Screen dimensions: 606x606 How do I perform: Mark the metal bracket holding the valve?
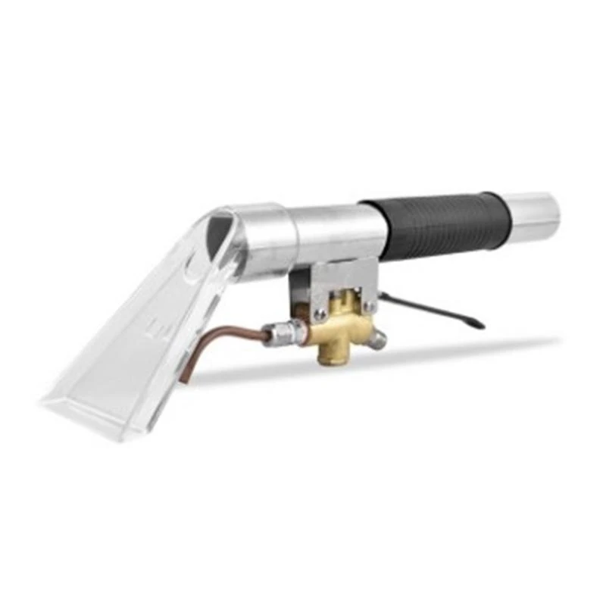333,280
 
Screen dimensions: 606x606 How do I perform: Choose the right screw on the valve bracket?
369,306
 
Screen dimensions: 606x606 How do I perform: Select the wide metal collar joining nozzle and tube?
261,235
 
